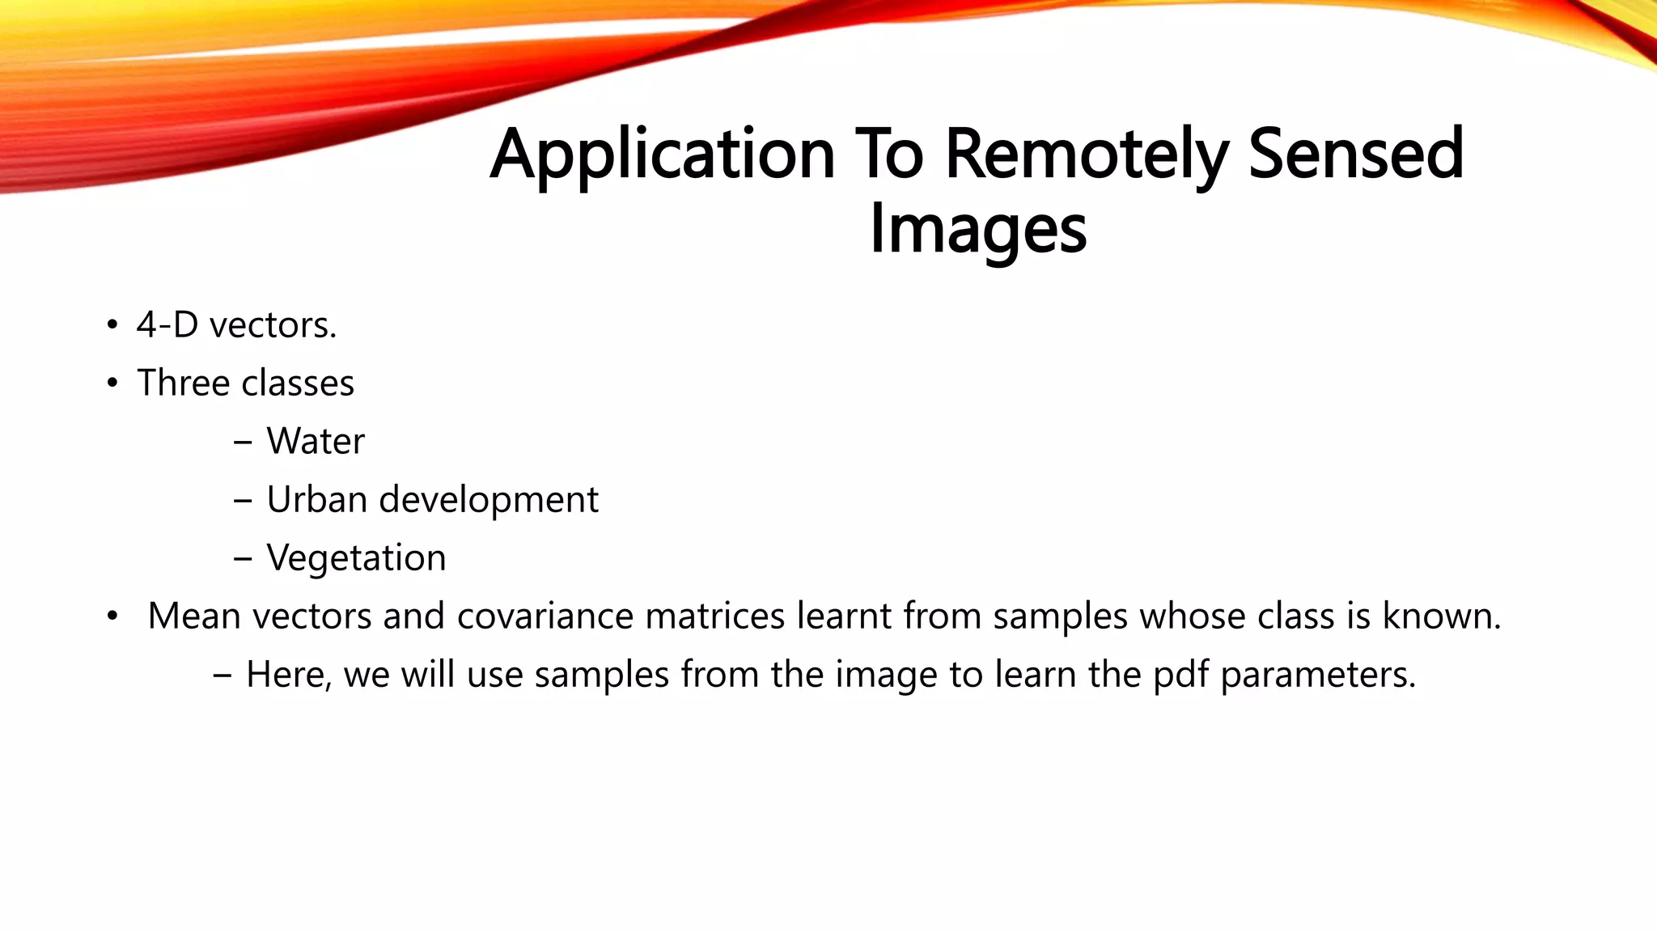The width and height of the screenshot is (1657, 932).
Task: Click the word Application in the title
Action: tap(662, 155)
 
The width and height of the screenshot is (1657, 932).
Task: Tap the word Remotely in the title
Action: tap(1087, 155)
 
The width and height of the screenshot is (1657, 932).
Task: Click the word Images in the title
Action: tap(977, 231)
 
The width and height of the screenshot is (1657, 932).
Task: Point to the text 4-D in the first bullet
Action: tap(167, 325)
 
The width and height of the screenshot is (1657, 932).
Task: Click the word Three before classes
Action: tap(184, 383)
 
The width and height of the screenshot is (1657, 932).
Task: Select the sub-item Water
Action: tap(316, 442)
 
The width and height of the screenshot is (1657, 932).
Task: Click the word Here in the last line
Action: tap(288, 676)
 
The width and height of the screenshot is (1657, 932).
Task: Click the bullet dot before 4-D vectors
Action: tap(112, 327)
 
